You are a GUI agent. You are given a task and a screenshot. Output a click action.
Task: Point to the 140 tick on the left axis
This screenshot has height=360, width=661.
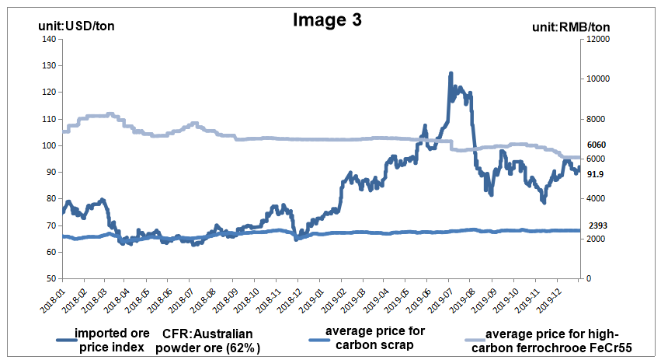pos(48,39)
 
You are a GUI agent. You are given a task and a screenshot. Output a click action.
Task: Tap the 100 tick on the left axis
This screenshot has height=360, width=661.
pos(48,145)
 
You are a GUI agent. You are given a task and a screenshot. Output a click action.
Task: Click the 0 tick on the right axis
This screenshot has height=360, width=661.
pos(590,278)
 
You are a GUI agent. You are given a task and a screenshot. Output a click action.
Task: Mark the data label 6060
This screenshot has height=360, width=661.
pos(597,145)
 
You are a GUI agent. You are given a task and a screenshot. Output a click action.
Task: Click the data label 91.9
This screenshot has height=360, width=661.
pos(596,174)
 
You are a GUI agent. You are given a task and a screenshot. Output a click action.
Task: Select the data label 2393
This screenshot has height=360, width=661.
pos(597,225)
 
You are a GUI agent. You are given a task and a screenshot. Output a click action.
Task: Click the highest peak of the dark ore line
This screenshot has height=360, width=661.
pos(451,74)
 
